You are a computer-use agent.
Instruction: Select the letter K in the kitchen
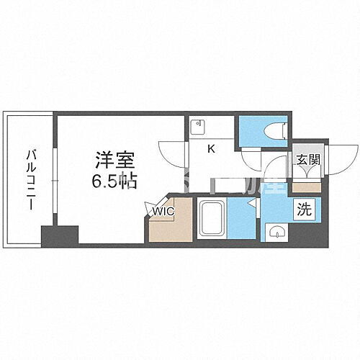pos(211,150)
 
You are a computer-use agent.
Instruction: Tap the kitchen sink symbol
pos(198,127)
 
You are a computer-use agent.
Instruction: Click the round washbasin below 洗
pos(276,232)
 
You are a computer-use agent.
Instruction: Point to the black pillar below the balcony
pos(58,235)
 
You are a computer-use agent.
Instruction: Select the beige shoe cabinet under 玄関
pos(305,186)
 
